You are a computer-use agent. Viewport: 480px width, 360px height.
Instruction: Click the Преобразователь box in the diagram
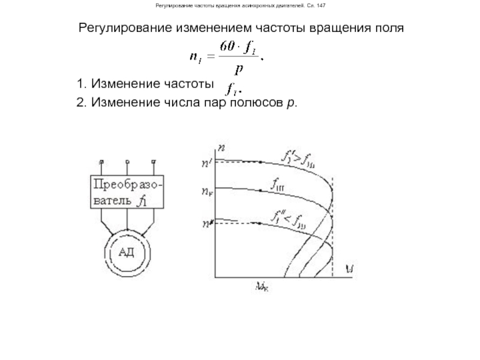point(127,191)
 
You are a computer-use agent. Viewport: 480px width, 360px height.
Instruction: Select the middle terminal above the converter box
point(127,161)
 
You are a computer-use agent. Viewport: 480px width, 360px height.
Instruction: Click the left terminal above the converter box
point(101,161)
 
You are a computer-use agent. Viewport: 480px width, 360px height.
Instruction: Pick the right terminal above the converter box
point(154,161)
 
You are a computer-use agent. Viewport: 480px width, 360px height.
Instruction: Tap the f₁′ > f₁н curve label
point(301,158)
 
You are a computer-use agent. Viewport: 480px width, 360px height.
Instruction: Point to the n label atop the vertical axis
point(223,147)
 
